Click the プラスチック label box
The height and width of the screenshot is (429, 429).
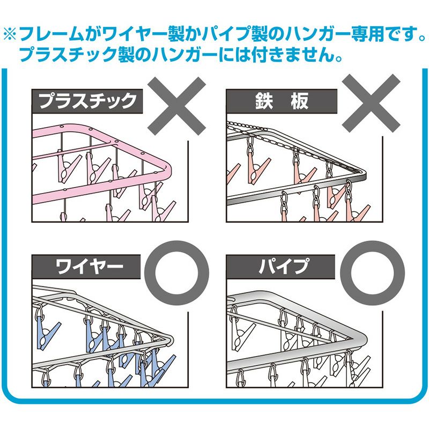87,101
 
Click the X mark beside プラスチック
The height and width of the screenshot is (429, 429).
177,105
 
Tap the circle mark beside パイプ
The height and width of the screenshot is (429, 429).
371,271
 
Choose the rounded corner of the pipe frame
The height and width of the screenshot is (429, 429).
364,338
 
